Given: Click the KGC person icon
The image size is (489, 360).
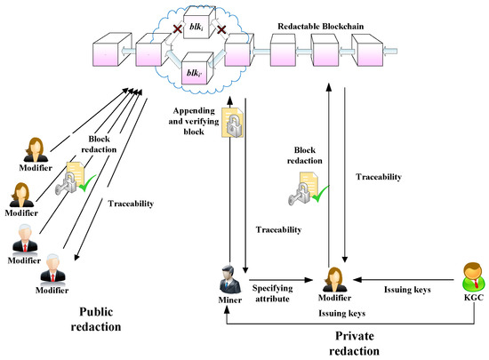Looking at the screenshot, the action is coord(474,276).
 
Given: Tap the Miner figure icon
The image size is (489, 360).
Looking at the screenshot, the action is coord(230,279).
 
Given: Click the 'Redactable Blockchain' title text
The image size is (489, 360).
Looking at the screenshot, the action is coord(321,26).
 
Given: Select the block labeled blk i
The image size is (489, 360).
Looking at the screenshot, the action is coord(199,23).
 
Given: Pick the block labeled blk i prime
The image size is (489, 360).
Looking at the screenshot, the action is coord(197,68).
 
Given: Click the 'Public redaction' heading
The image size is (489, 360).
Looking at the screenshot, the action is coord(96,319).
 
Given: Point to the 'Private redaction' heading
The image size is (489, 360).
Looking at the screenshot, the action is coord(354,343).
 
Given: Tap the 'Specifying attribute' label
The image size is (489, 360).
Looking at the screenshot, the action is coord(273,293).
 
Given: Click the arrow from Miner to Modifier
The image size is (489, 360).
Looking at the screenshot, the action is coord(281,280).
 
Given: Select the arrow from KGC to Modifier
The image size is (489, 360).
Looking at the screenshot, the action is coord(404,280).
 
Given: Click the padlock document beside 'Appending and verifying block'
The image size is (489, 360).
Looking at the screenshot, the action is coord(233,123).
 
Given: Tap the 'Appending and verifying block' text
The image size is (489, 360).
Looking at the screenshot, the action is coord(194,121).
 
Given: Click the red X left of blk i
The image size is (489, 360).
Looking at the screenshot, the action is coord(178,29).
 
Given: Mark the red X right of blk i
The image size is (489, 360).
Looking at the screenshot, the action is coord(221,30).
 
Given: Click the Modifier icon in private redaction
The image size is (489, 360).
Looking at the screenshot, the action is coord(334,279).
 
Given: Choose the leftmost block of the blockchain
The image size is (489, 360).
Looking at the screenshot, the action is coord(112,49).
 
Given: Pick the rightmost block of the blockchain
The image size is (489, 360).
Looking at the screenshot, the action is coord(370,50).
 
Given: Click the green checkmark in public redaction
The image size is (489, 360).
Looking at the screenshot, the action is coord(87,184).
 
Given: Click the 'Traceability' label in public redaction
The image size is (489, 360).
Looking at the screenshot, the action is coord(131,204).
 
